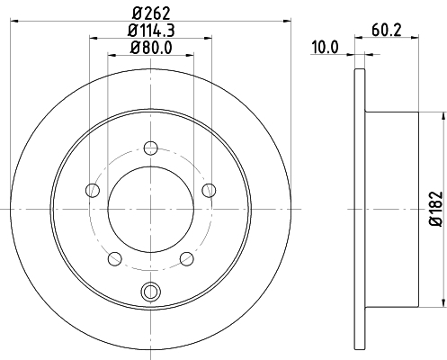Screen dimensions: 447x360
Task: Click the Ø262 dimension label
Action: click(x=151, y=13)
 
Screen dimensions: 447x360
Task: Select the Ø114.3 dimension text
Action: click(x=151, y=31)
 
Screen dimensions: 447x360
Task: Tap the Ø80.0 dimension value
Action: click(x=151, y=48)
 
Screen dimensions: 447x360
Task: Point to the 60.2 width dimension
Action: click(x=387, y=31)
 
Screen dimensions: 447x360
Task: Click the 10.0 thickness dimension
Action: click(x=325, y=48)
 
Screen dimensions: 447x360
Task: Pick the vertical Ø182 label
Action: click(x=436, y=209)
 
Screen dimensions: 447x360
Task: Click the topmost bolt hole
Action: click(x=151, y=148)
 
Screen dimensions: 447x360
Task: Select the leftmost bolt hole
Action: click(x=93, y=190)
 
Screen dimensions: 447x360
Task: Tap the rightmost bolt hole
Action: click(x=209, y=190)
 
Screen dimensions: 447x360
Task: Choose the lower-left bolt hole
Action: click(x=115, y=258)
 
